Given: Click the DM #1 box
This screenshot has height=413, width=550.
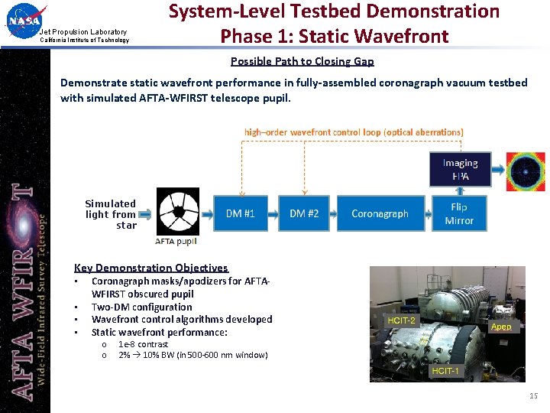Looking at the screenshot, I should (x=240, y=213).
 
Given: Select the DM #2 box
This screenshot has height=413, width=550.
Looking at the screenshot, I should (x=303, y=213).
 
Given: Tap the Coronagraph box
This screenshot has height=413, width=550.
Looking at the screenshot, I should (x=380, y=213).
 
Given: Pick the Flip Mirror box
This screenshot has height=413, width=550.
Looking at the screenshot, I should (x=459, y=213).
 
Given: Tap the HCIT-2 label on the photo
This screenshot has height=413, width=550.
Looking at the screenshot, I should (x=402, y=320).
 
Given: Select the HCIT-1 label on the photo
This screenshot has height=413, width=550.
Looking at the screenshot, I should (x=445, y=371).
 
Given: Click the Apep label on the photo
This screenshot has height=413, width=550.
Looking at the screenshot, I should (x=501, y=327).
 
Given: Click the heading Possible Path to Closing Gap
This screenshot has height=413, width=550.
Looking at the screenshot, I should (x=302, y=61).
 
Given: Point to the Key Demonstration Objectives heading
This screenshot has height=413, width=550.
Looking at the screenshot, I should (x=150, y=268).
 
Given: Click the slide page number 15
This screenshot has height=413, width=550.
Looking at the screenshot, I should (x=533, y=395).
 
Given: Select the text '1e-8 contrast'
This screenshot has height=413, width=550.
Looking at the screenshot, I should (x=143, y=344).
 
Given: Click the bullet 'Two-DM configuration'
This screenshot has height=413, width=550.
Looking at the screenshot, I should (x=141, y=307).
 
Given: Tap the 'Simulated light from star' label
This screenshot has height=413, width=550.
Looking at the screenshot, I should (x=111, y=214).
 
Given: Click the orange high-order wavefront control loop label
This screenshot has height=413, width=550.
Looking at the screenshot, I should (x=353, y=132).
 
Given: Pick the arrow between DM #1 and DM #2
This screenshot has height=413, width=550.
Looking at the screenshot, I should (x=272, y=213).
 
